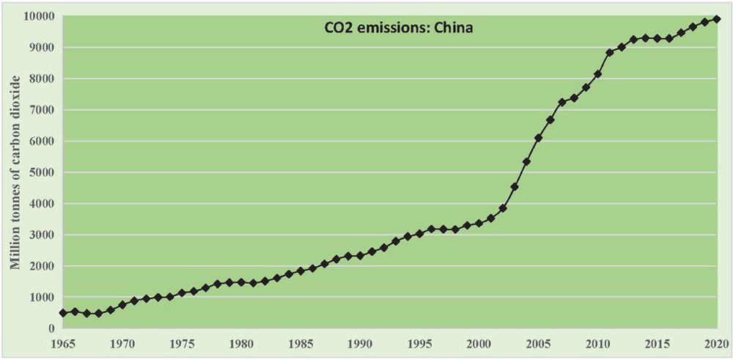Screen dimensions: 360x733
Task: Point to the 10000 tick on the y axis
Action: click(34, 16)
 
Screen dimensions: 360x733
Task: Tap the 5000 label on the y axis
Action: click(37, 172)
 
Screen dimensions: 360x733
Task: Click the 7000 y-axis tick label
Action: click(37, 110)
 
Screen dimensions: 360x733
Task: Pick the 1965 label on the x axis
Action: click(63, 343)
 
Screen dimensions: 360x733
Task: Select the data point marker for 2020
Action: click(717, 19)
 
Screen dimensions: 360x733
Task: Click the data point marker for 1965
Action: click(63, 313)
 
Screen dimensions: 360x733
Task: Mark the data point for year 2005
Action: click(539, 138)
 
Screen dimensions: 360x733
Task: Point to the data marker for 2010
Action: click(598, 74)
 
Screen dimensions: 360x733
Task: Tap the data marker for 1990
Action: click(360, 256)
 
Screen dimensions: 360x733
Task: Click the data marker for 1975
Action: click(182, 293)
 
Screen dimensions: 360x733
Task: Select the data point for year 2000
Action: click(479, 223)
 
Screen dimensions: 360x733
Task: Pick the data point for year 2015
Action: click(658, 38)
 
